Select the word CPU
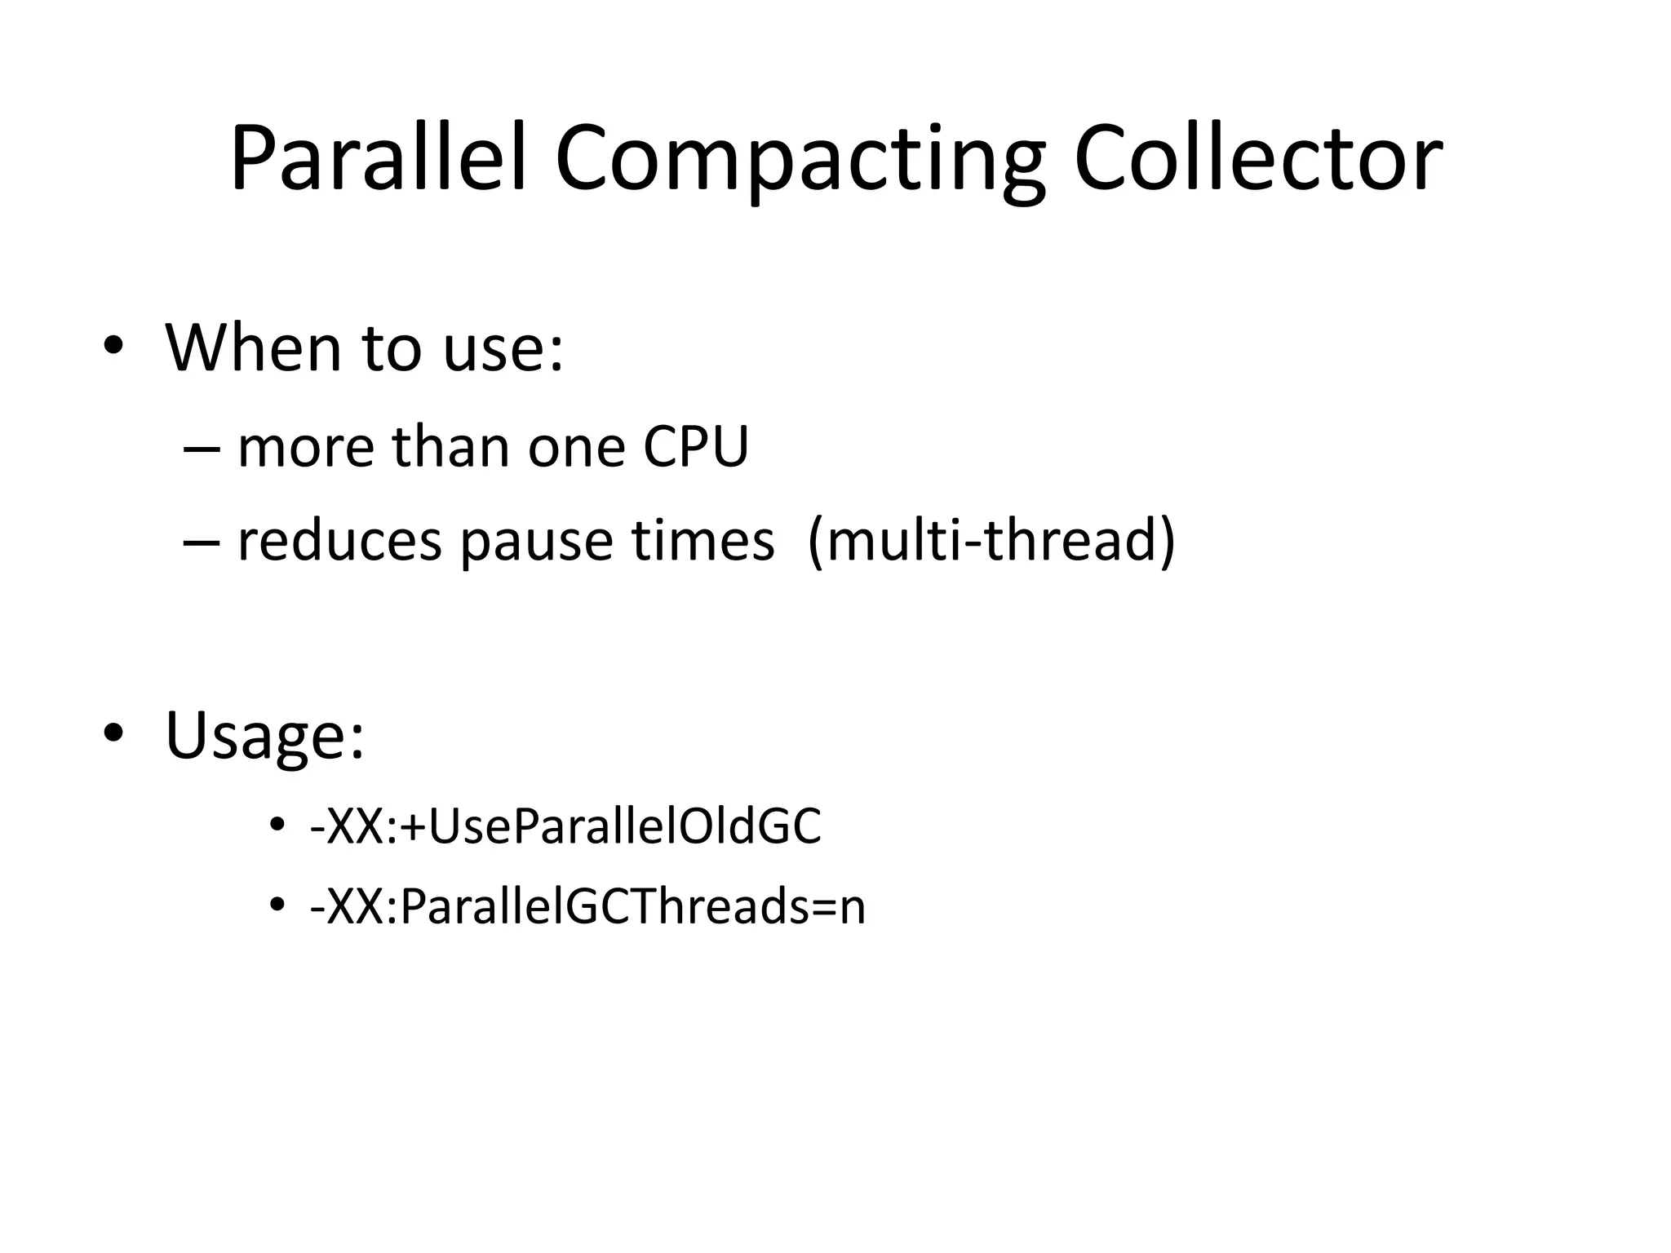pyautogui.click(x=695, y=447)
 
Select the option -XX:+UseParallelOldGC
pyautogui.click(x=565, y=826)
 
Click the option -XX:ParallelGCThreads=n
pyautogui.click(x=587, y=905)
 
